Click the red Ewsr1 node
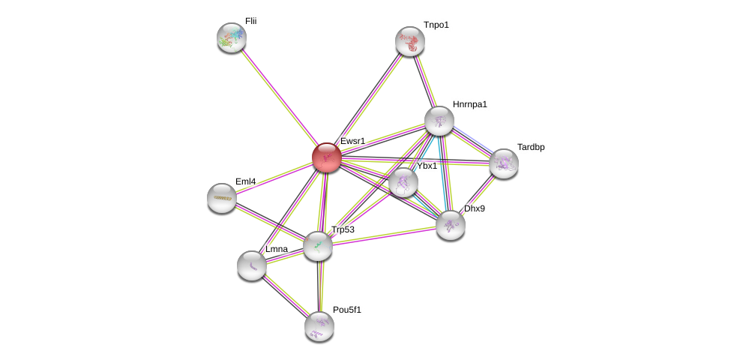[326, 157]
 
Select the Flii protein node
[232, 37]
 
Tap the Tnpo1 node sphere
[410, 41]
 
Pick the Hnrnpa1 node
[439, 121]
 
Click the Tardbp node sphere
[504, 163]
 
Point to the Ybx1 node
[403, 182]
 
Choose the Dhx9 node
[451, 225]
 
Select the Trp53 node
[318, 246]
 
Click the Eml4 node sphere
[222, 198]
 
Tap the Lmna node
[252, 265]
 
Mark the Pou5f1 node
[319, 325]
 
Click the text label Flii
[250, 21]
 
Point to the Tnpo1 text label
[436, 25]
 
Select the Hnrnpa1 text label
[469, 104]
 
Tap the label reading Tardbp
[530, 147]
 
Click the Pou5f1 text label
[346, 309]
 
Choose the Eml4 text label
[245, 181]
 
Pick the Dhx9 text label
[474, 208]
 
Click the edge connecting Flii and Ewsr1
[279, 97]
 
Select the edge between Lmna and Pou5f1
[286, 295]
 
